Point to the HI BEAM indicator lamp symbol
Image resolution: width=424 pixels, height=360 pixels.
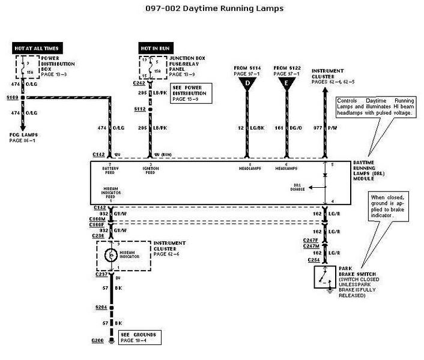(111, 254)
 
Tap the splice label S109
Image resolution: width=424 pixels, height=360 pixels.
(12, 96)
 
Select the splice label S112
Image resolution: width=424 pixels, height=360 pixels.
(140, 109)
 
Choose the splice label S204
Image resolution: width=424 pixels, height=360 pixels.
(101, 307)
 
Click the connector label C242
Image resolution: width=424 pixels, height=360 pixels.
(139, 83)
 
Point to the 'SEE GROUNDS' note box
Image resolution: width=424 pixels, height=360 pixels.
(138, 337)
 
